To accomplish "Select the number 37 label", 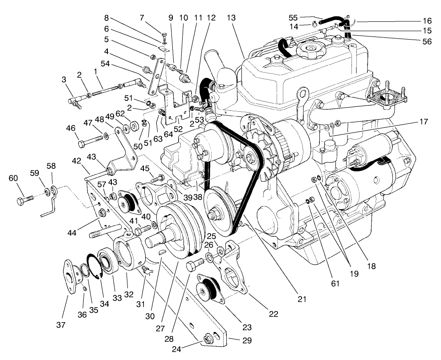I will point(61,325).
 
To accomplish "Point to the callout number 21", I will point(302,299).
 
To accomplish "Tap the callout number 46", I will point(70,129).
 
